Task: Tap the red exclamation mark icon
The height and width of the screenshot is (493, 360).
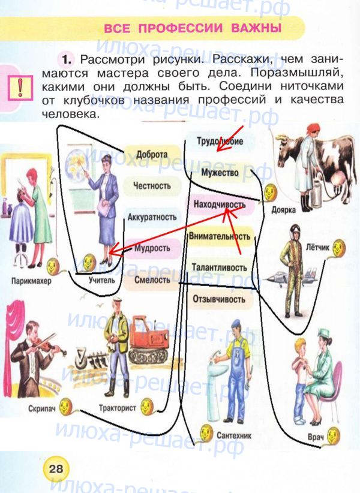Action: (x=20, y=88)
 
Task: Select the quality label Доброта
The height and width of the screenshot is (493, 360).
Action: (x=151, y=154)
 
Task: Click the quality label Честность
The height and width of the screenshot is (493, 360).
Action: (x=152, y=186)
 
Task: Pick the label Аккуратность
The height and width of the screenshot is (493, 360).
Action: (x=152, y=217)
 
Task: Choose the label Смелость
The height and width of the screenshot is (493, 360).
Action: (x=152, y=279)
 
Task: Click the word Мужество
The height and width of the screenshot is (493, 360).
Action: (x=220, y=173)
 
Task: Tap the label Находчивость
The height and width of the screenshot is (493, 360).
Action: (x=220, y=205)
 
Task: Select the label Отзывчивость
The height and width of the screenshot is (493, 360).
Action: (x=220, y=299)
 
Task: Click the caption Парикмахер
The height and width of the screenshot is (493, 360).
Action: (x=31, y=281)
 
